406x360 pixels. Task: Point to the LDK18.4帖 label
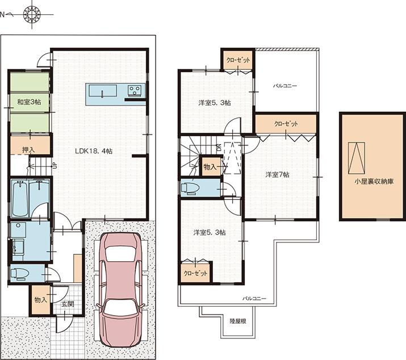coord(93,151)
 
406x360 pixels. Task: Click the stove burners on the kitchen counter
coord(136,91)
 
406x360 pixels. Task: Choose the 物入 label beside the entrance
coord(40,299)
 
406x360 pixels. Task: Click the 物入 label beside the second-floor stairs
coord(210,167)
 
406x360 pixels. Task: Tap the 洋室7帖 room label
coord(278,174)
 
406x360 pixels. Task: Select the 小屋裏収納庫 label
coord(373,182)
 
